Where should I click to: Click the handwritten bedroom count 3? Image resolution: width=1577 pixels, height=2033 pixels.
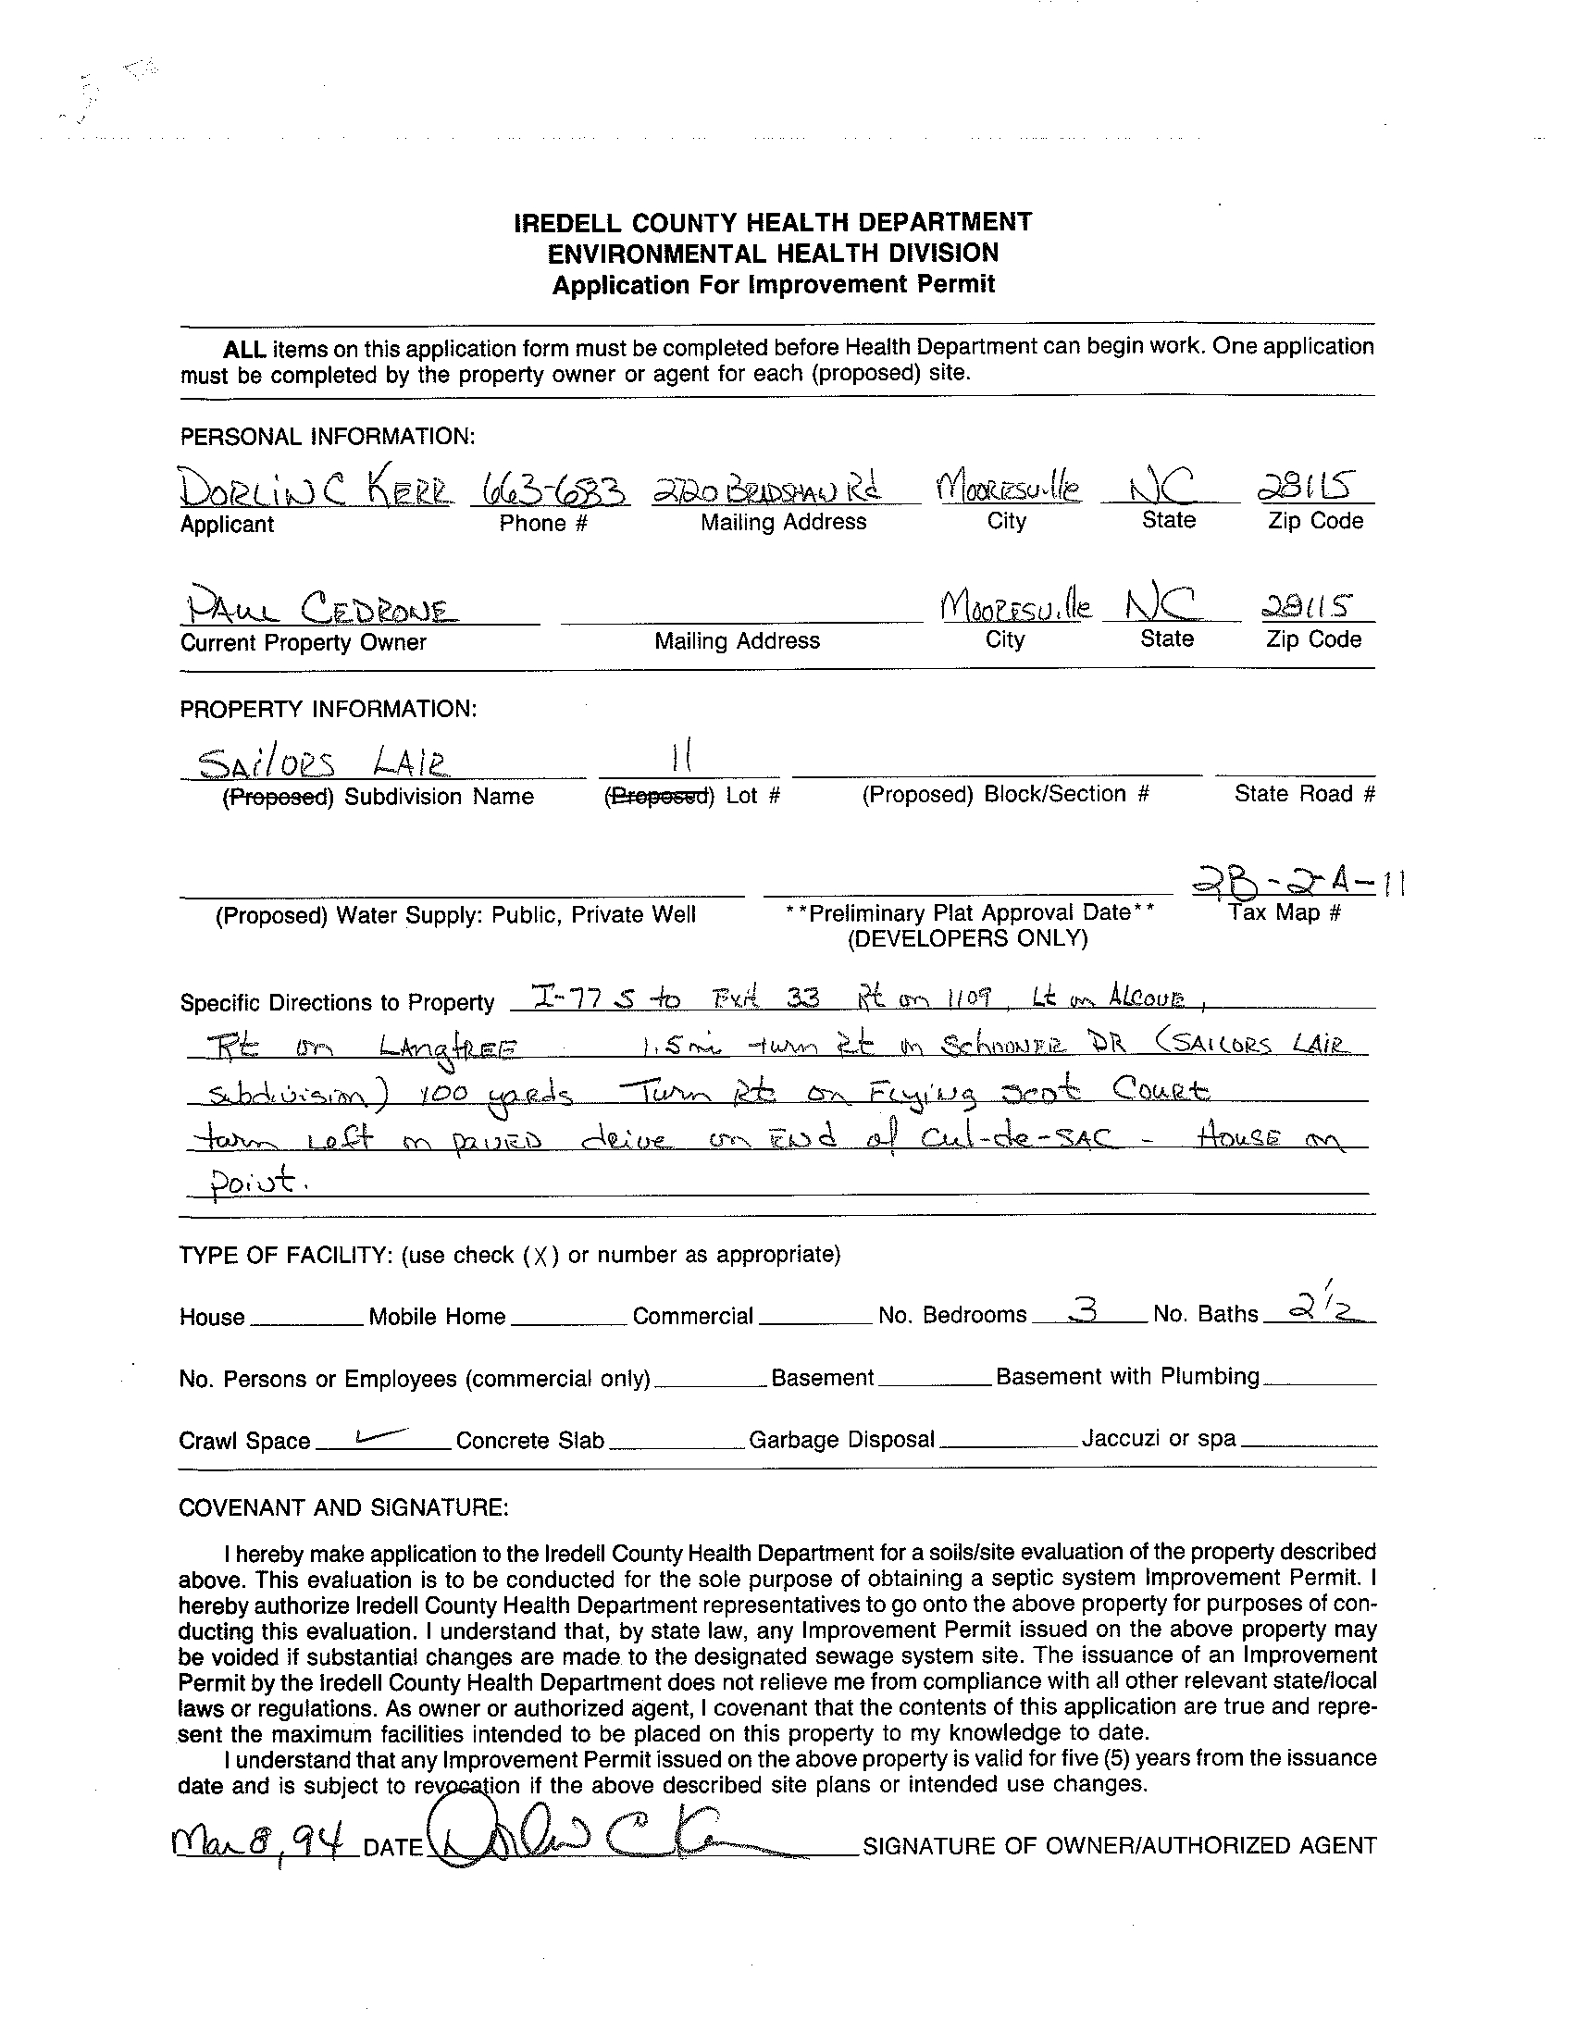click(1083, 1310)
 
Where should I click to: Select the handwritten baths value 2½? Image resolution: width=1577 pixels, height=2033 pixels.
click(1318, 1308)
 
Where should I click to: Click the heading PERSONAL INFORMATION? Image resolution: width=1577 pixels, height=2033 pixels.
click(328, 437)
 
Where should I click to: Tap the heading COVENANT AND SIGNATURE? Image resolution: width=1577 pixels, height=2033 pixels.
click(343, 1507)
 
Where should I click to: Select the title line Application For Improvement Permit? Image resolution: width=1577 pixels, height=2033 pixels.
click(774, 285)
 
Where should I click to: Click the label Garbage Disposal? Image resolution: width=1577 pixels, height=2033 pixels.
click(841, 1440)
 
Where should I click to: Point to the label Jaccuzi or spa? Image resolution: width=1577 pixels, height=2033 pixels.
click(1158, 1439)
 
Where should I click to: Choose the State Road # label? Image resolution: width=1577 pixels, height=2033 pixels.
click(1304, 794)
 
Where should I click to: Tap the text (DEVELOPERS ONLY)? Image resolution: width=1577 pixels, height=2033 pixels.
click(967, 938)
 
